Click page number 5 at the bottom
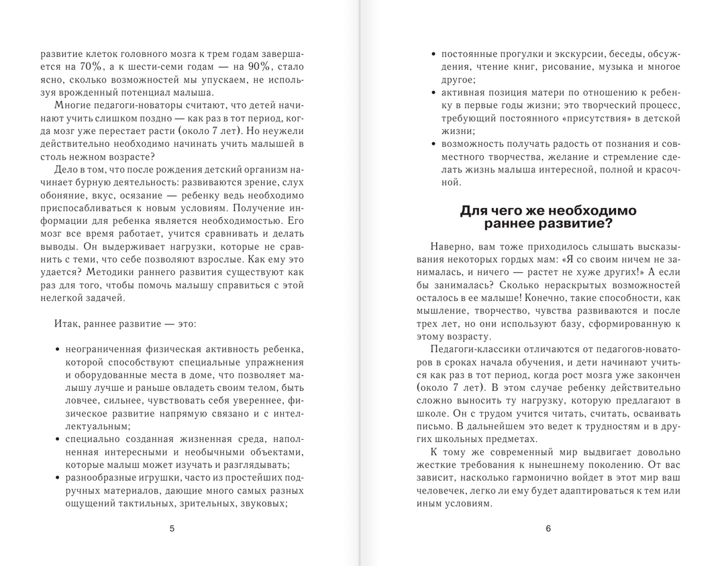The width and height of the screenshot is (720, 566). coord(172,528)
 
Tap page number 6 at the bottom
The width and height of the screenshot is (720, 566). coord(548,528)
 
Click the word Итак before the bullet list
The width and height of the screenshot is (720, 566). coord(67,323)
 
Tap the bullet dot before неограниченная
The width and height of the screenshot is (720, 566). coord(58,349)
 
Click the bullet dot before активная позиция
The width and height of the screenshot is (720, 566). coord(434,93)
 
